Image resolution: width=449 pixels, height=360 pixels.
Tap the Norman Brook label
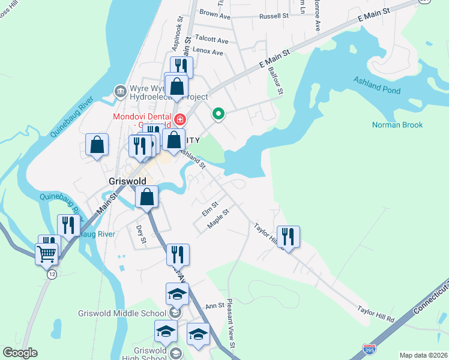click(397, 125)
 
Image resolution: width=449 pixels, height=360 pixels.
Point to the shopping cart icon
click(46, 253)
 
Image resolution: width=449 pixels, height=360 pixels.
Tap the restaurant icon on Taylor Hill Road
click(289, 236)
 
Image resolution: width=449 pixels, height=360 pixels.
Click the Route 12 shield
click(52, 274)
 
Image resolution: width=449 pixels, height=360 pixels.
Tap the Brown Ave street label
click(215, 13)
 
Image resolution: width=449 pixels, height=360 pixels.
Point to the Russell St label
click(274, 16)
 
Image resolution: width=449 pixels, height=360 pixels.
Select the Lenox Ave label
click(208, 52)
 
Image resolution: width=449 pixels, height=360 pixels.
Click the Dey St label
click(142, 235)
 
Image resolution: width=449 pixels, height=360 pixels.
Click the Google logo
click(20, 353)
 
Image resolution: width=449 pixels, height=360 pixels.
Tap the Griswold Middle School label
click(122, 313)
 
